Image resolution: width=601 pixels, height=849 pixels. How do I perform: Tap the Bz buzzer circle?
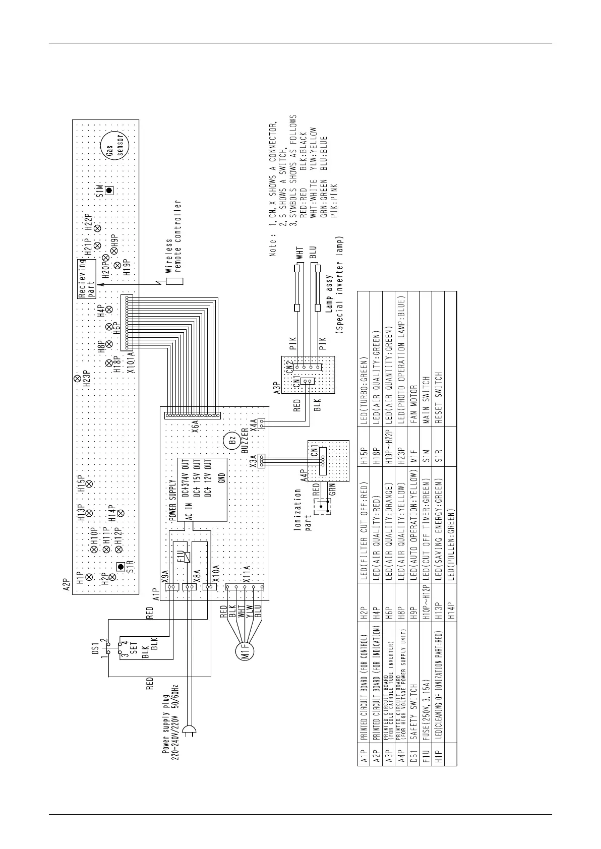click(232, 440)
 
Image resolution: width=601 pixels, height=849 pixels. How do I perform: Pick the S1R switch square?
click(120, 566)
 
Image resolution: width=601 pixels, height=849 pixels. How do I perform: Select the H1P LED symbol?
click(89, 576)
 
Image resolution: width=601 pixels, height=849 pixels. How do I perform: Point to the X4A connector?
click(262, 423)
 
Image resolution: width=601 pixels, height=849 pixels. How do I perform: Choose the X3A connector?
click(262, 460)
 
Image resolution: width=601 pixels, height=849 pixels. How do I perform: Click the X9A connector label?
click(164, 577)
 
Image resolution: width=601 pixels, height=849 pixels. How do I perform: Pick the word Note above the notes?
click(273, 245)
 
